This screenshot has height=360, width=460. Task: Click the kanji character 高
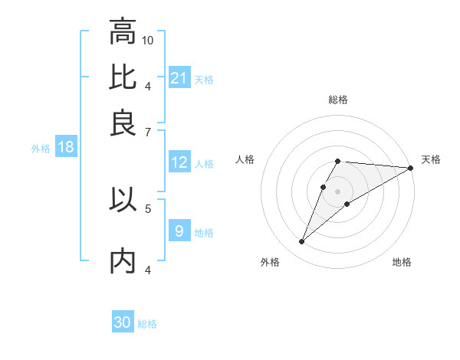click(123, 33)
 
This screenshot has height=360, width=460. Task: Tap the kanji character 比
click(123, 77)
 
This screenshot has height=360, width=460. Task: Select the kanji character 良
click(123, 122)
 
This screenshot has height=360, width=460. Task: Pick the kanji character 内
click(123, 261)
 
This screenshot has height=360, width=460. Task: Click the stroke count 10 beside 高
click(148, 40)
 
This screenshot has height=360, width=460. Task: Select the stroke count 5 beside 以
click(148, 208)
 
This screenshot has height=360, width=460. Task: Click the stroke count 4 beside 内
click(148, 270)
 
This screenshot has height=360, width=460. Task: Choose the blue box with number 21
click(179, 78)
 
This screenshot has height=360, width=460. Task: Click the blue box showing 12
click(179, 162)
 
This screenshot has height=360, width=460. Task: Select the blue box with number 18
click(66, 147)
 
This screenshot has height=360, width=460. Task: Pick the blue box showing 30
click(123, 322)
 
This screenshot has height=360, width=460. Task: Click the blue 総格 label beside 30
click(147, 324)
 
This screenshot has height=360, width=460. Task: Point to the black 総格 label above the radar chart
click(338, 100)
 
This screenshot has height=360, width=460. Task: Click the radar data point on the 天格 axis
click(411, 168)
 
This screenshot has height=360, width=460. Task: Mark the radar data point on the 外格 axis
click(302, 242)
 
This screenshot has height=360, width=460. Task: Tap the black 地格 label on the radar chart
click(402, 263)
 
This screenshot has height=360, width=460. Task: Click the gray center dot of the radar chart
click(338, 191)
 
